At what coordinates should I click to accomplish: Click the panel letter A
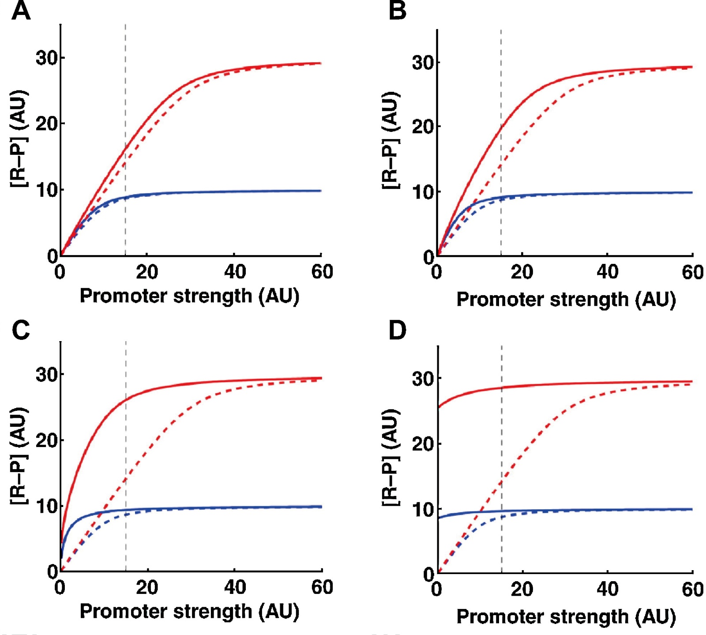(21, 11)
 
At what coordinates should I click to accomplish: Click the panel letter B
(397, 11)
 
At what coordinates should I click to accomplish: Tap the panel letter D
(398, 330)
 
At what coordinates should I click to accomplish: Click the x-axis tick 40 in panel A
(235, 272)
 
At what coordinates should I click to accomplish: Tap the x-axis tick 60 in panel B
(692, 272)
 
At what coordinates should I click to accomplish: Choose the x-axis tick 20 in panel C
(147, 587)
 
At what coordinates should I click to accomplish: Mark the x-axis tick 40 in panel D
(607, 589)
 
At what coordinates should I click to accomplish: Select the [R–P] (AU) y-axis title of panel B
(391, 140)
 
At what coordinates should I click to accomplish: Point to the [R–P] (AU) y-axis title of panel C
(19, 455)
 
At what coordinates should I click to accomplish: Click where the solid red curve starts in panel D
(438, 407)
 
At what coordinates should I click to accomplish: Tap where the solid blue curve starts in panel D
(438, 518)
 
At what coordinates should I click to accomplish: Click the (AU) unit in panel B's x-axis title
(655, 300)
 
